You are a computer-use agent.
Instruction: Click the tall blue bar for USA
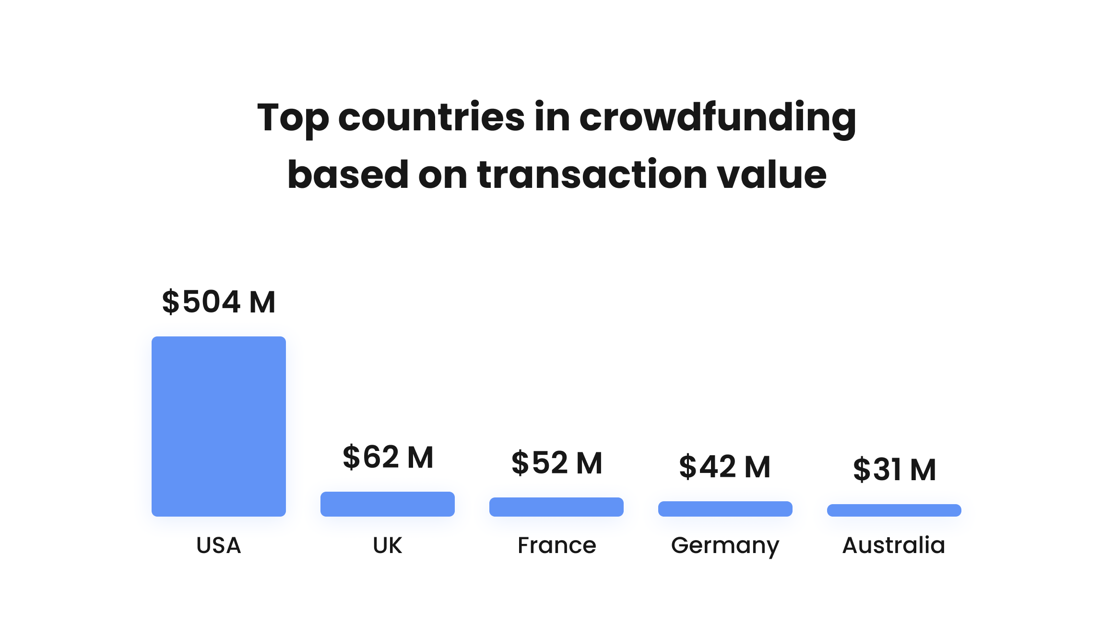click(x=218, y=426)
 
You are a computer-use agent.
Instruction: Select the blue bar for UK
click(x=387, y=504)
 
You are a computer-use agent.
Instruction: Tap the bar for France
click(x=556, y=507)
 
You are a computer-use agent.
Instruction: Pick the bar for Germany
click(x=725, y=508)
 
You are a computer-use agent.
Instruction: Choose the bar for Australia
click(x=894, y=510)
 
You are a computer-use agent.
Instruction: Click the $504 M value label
click(x=219, y=302)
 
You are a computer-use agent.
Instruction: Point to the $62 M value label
click(x=388, y=457)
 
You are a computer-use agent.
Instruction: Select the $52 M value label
click(x=556, y=463)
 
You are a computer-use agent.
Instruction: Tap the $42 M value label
click(x=725, y=467)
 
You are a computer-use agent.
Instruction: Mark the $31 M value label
click(x=894, y=469)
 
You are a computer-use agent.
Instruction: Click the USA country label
click(x=218, y=545)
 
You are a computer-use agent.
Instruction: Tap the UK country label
click(x=387, y=545)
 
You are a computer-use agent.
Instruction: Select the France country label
click(x=556, y=545)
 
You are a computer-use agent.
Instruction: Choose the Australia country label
click(x=894, y=545)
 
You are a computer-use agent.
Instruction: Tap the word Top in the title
click(x=293, y=118)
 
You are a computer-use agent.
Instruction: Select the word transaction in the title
click(x=592, y=174)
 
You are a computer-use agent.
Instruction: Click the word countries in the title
click(x=431, y=118)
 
